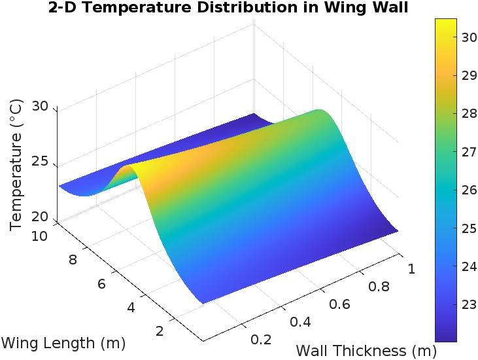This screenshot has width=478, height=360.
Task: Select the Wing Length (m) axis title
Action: point(63,342)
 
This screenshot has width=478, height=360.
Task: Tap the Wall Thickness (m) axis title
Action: point(356,350)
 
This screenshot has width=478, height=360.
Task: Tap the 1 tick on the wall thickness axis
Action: point(413,268)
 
